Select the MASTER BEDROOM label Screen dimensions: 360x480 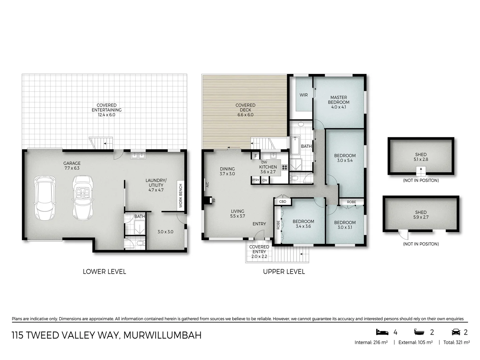point(338,100)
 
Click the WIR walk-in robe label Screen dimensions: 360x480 point(303,95)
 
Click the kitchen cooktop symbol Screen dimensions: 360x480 point(285,167)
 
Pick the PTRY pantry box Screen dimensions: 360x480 point(255,180)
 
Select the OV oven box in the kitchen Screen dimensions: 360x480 point(265,180)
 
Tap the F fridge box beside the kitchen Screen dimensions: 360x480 point(256,156)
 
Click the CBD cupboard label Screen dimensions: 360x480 point(283,202)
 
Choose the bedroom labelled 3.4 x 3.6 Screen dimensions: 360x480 point(303,224)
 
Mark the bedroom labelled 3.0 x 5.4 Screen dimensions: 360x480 point(345,158)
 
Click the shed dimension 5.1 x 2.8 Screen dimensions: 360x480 point(421,159)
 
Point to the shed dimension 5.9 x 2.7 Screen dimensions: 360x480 point(421,217)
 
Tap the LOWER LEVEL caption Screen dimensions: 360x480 point(104,272)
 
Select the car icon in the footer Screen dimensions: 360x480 point(455,332)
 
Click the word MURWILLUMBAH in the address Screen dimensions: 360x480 point(162,335)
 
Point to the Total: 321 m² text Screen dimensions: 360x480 point(456,342)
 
